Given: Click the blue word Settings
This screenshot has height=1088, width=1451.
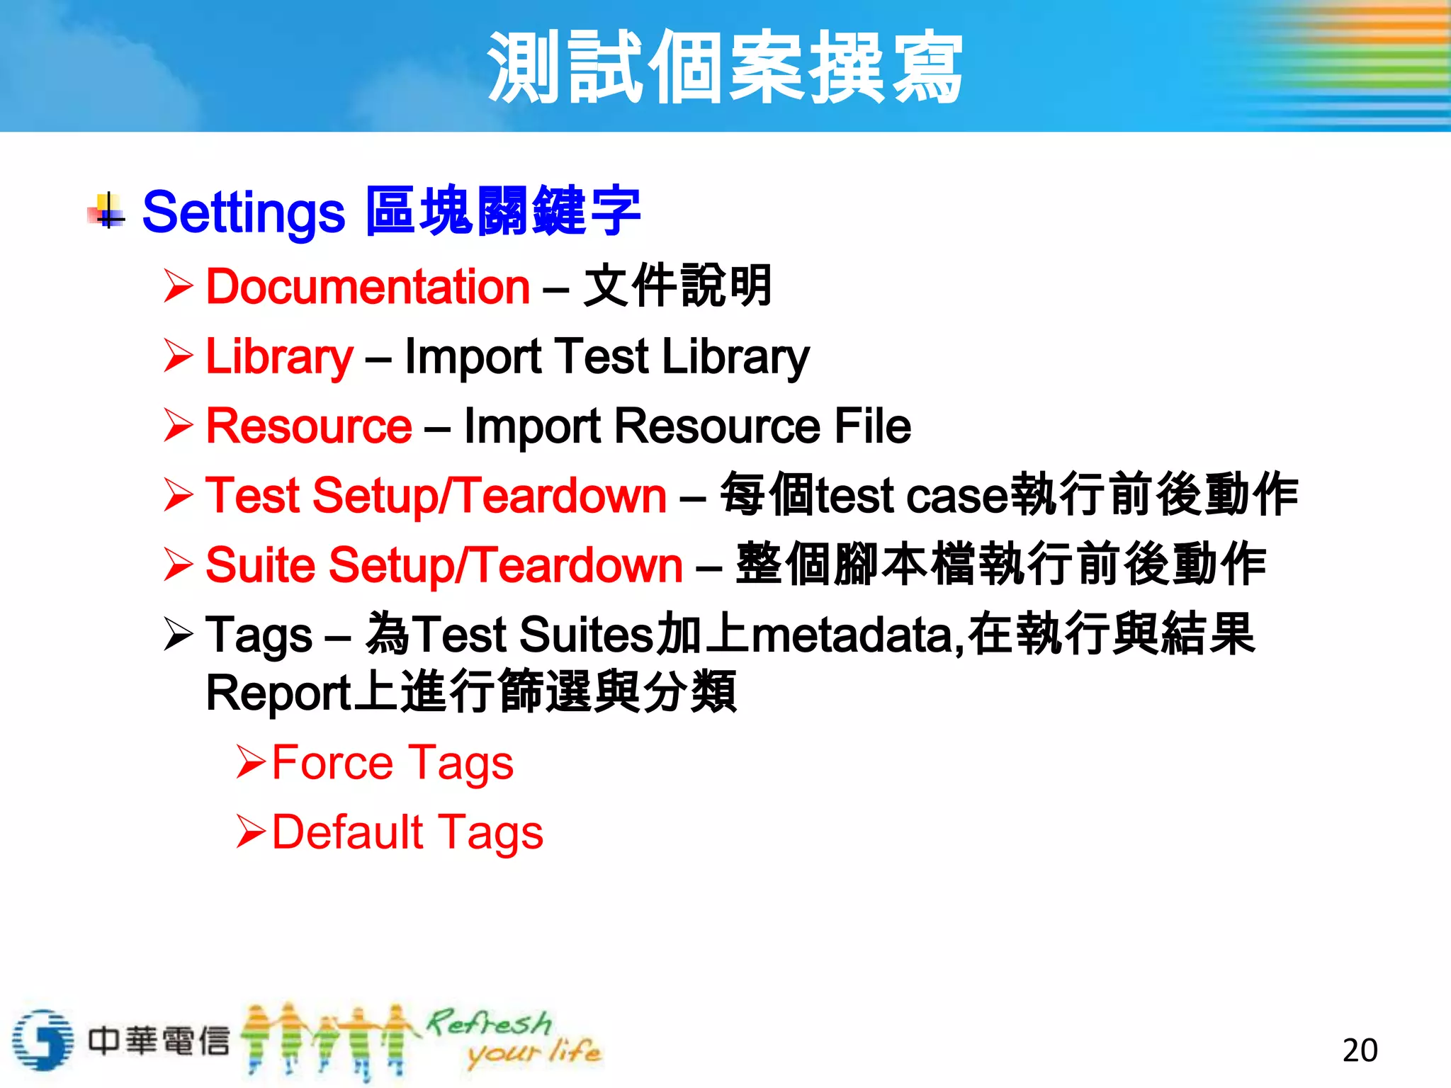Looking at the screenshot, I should coord(243,212).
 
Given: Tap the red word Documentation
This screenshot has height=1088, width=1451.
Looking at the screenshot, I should coord(368,287).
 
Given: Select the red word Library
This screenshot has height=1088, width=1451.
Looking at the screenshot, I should coord(278,356).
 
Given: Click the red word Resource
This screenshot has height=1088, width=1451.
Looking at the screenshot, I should coord(309,426).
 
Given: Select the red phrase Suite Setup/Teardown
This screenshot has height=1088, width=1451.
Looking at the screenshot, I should coord(444,565).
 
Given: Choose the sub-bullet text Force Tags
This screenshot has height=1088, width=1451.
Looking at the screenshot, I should coord(393,763).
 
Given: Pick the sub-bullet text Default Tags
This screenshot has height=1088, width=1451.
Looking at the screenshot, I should coord(407,832).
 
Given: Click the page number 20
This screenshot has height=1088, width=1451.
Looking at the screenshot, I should coord(1360,1050).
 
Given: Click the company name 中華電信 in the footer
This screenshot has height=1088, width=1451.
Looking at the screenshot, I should coord(159,1041).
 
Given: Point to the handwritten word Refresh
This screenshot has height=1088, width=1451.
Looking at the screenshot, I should coord(489,1023).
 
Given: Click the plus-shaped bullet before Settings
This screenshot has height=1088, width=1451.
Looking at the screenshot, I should coord(108,211).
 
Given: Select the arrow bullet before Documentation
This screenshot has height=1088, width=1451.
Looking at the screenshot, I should coord(178,286).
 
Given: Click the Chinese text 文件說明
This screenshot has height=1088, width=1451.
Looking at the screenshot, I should coord(677,286).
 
